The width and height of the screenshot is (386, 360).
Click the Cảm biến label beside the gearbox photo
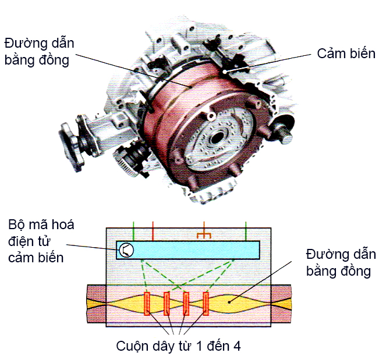tap(346, 54)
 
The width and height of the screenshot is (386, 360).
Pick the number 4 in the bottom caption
tap(235, 345)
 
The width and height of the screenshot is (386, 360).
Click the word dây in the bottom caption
tap(162, 345)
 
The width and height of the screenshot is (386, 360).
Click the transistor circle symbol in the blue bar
tap(126, 250)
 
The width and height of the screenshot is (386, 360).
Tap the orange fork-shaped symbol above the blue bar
tap(204, 235)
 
